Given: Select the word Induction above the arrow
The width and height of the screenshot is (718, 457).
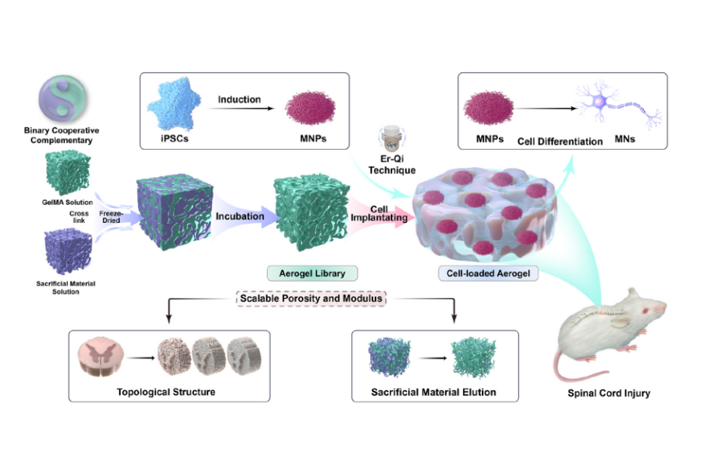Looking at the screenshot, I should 239,99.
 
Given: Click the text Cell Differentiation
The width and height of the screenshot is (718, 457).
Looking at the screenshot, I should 559,142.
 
